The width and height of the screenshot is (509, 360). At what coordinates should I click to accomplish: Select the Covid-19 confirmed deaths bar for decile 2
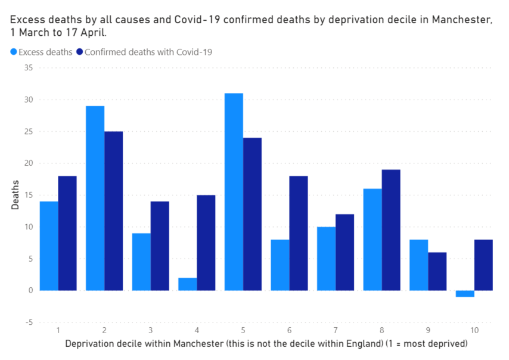(113, 211)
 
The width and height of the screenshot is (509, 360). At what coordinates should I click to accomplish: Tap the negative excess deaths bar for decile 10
(465, 293)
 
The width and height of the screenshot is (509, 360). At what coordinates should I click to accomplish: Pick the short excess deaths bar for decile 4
(187, 284)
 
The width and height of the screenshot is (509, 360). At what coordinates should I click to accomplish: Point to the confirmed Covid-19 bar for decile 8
(391, 230)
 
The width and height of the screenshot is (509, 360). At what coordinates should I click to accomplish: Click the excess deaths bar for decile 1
(49, 246)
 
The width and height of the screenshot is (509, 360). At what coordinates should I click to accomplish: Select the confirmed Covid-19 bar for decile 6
(299, 233)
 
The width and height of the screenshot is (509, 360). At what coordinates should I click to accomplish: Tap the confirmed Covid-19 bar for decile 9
(437, 271)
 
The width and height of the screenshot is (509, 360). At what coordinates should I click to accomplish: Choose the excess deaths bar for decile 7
(326, 259)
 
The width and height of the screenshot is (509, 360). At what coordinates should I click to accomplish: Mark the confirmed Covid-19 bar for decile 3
(160, 246)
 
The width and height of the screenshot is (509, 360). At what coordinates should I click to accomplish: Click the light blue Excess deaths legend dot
(14, 52)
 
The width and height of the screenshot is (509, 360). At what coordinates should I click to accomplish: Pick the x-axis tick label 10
(474, 330)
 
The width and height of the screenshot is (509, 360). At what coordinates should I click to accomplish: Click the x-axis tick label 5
(243, 330)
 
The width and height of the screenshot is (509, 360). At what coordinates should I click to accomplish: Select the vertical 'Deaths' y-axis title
(15, 195)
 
